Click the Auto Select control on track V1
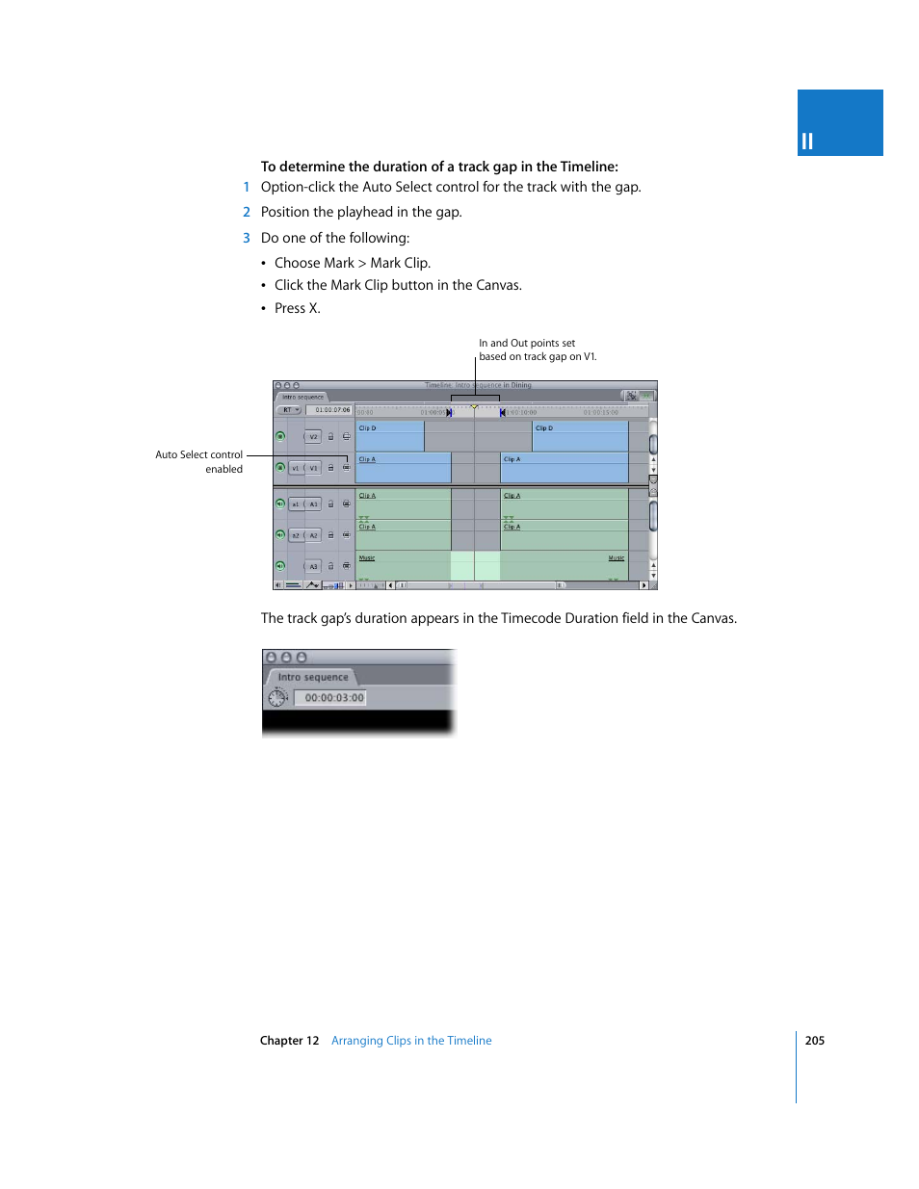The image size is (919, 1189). [347, 468]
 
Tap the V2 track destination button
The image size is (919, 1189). [313, 437]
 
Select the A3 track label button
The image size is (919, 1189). [313, 566]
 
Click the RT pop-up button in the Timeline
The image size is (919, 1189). [289, 410]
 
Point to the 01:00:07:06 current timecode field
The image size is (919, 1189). [332, 410]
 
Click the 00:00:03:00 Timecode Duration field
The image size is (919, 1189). [333, 698]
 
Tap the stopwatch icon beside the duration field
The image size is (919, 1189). [277, 697]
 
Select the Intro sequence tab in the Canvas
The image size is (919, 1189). [312, 678]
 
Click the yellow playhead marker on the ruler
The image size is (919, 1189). [474, 407]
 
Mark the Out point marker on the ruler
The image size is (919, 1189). [502, 412]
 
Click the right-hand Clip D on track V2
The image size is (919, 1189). [580, 436]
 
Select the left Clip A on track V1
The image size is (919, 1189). [403, 468]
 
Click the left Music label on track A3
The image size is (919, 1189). [367, 558]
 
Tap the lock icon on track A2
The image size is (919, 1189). [330, 535]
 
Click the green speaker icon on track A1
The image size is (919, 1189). [280, 504]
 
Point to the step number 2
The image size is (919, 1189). [247, 212]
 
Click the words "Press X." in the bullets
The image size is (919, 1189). [297, 308]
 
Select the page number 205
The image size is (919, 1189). [815, 1041]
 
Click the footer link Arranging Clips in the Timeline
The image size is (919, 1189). [411, 1041]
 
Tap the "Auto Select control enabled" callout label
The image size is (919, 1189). [199, 462]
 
